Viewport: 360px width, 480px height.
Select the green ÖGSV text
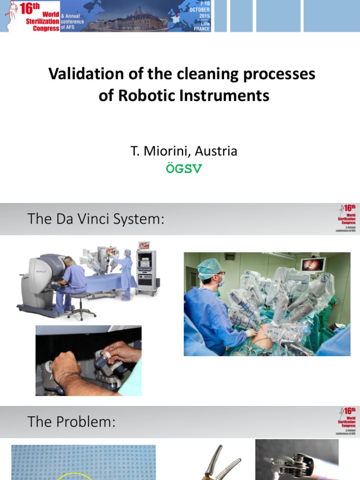click(x=184, y=169)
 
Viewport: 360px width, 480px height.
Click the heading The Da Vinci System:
click(x=96, y=218)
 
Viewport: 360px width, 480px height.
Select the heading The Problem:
click(x=71, y=421)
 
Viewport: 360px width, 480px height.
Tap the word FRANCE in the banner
click(x=202, y=29)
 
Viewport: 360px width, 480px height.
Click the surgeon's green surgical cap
click(x=208, y=268)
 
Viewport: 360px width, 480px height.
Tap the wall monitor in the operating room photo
click(x=313, y=264)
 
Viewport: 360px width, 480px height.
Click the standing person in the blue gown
click(x=125, y=273)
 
